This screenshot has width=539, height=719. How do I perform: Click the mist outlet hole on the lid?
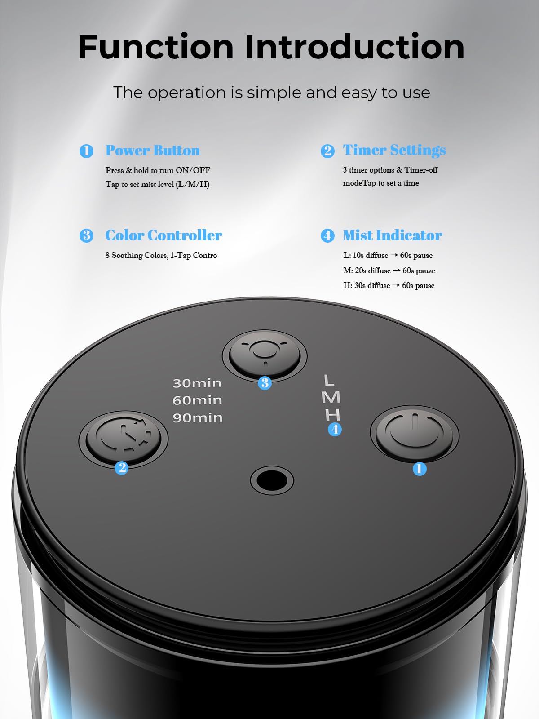pos(272,480)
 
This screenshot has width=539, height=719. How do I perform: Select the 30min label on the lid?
pos(197,383)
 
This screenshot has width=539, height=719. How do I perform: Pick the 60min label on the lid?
pos(197,400)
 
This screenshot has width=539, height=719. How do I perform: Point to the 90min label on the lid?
pos(197,418)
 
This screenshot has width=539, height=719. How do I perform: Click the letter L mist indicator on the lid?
pos(329,381)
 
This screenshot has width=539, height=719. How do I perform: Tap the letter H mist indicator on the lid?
pos(333,414)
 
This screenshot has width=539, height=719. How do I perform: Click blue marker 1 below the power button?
pos(420,469)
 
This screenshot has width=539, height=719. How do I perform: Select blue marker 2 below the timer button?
pos(121,468)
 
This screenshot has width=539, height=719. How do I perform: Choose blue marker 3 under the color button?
pos(265,383)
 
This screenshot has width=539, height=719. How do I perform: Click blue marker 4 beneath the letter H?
pos(335,430)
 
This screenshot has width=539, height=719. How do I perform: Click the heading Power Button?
pos(153,151)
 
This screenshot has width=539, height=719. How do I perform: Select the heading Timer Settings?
pos(394,150)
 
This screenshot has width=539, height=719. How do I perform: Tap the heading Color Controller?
pos(163,235)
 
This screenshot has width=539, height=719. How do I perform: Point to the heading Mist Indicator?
pos(392,235)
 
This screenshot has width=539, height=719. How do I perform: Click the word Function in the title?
pos(156,47)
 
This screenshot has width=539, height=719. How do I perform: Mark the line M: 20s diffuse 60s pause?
pos(389,271)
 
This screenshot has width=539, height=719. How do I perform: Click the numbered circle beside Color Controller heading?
pos(86,235)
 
